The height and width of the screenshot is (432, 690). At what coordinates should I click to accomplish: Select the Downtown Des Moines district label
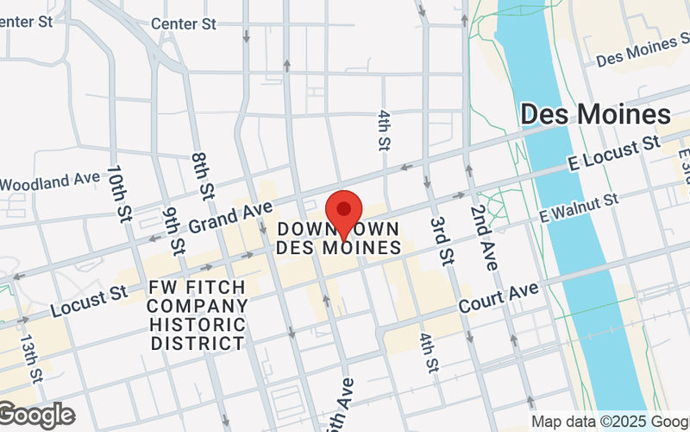pos(339,238)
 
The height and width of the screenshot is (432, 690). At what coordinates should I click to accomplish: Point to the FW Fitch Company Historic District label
pos(198,314)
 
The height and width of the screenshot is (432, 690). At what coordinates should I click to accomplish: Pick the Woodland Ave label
pos(50,181)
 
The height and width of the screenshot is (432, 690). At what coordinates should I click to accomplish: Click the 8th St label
pos(204,171)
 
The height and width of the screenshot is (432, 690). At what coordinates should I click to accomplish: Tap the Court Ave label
pos(499,296)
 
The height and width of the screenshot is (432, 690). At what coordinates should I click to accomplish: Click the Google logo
pos(38,416)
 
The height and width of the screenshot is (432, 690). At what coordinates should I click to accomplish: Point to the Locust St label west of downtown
pos(88,301)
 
